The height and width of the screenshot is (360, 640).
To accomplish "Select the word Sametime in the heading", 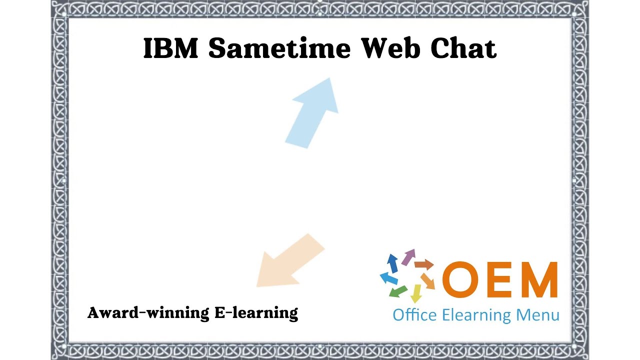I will [279, 48].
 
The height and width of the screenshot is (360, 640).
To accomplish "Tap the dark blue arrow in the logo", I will [392, 262].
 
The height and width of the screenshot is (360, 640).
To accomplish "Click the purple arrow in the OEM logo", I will [408, 256].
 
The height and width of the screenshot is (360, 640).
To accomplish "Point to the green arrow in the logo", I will [398, 291].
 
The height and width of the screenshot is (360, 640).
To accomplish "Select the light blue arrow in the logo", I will [388, 278].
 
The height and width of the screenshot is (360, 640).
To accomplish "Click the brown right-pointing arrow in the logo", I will [424, 264].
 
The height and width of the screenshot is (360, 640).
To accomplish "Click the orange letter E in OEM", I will [500, 280].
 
